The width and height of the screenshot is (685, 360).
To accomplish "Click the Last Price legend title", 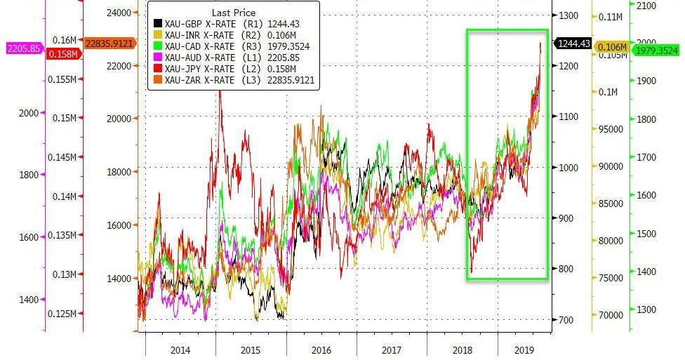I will pos(234,13).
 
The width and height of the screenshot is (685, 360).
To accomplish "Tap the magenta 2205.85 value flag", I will pos(23,49).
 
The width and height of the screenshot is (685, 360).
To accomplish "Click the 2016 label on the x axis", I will pos(321,349).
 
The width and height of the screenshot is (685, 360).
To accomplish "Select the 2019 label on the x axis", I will pos(523,349).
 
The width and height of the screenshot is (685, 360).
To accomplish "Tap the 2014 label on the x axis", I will pos(181,349).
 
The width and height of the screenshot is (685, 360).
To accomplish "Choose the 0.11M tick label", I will pos(610,17).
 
